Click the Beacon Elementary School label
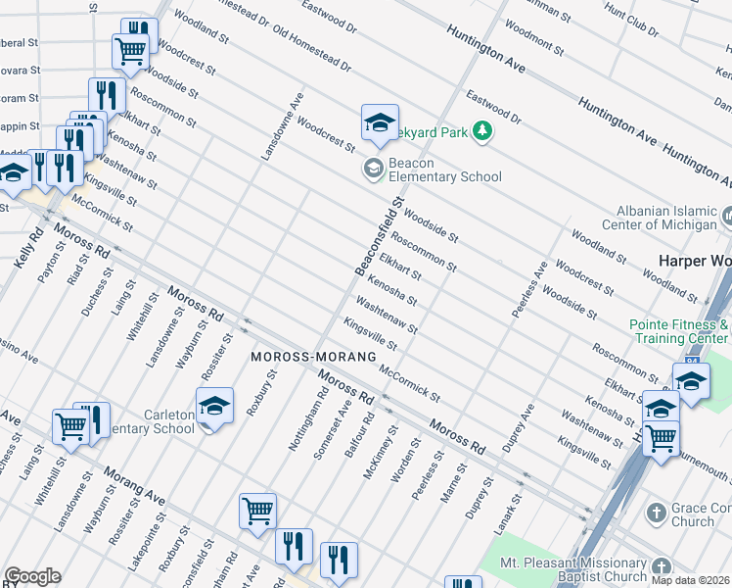point(445,170)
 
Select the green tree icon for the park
point(481,130)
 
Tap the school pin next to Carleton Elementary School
point(215,405)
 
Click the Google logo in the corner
point(32,576)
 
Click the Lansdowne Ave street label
point(282,127)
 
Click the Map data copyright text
point(690,580)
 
